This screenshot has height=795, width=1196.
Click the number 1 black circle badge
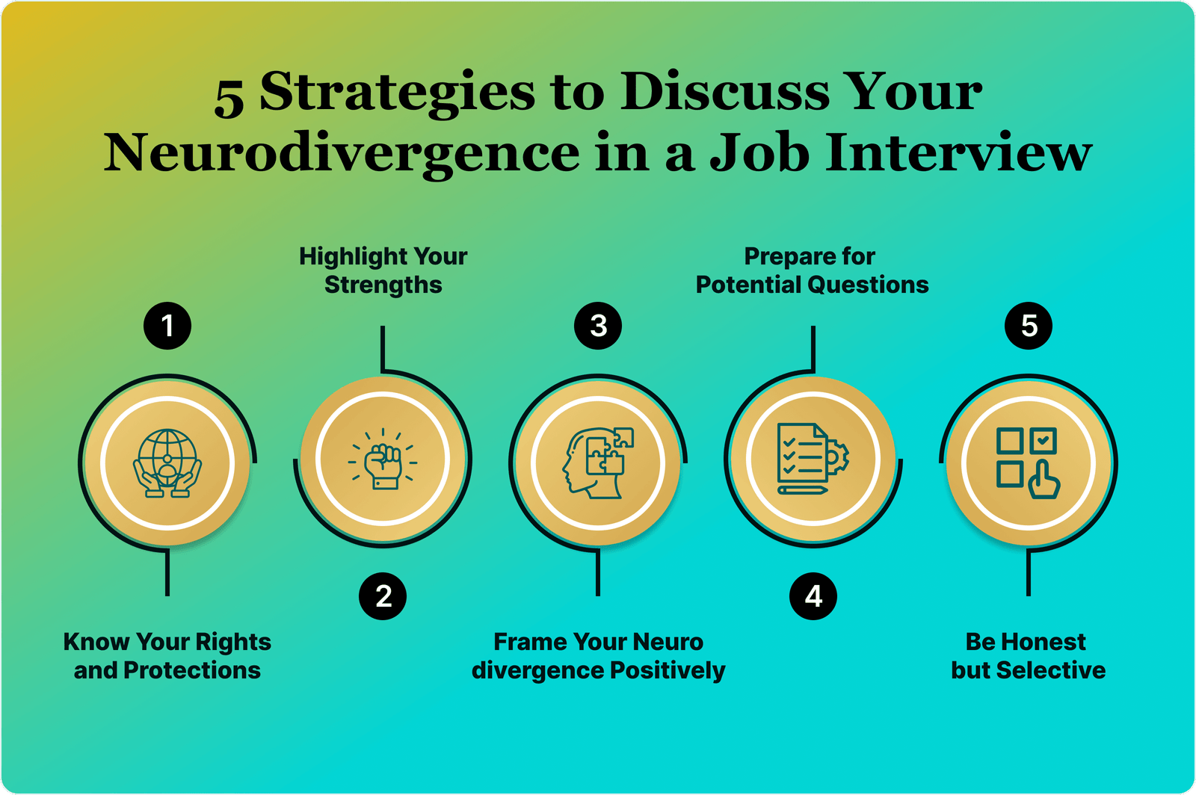click(167, 326)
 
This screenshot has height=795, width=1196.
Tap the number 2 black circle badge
click(383, 596)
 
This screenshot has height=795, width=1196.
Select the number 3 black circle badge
click(598, 326)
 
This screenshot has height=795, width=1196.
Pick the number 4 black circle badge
click(813, 596)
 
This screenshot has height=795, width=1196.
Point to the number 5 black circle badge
click(1029, 326)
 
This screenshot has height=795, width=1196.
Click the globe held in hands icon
click(167, 463)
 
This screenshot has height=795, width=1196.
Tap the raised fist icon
click(383, 459)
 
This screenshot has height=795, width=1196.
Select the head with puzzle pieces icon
click(598, 463)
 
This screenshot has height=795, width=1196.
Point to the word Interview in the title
click(958, 152)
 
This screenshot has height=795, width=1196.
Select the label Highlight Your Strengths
click(383, 270)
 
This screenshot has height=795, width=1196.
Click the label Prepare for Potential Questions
click(812, 270)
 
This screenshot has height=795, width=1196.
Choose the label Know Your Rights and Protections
click(167, 656)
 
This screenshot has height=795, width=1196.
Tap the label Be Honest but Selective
click(1028, 656)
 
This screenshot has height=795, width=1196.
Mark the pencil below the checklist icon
click(803, 490)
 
